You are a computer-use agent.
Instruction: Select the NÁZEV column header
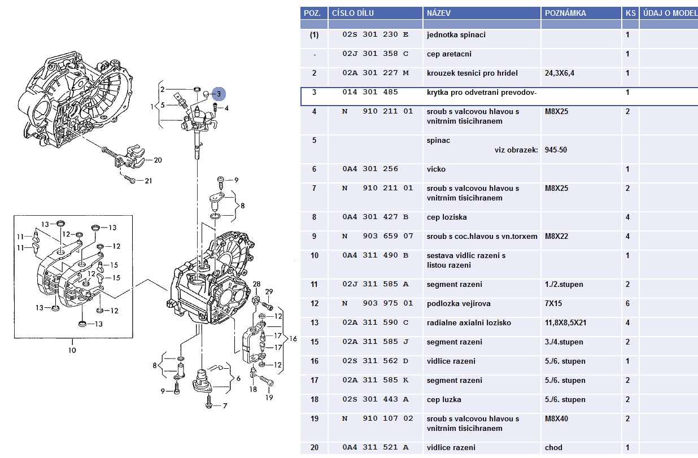pyautogui.click(x=439, y=13)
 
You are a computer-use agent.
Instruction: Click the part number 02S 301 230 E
pyautogui.click(x=375, y=34)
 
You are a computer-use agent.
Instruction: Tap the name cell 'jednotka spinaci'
pyautogui.click(x=456, y=34)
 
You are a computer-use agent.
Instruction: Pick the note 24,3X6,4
pyautogui.click(x=562, y=73)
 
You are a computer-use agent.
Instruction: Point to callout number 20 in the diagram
pyautogui.click(x=158, y=160)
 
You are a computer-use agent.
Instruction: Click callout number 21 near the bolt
pyautogui.click(x=149, y=181)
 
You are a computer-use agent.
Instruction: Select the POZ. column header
pyautogui.click(x=313, y=13)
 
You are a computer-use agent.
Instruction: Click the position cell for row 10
pyautogui.click(x=315, y=255)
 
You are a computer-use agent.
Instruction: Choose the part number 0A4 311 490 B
pyautogui.click(x=375, y=255)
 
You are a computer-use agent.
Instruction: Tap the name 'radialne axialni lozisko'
pyautogui.click(x=469, y=322)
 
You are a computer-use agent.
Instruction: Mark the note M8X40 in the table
pyautogui.click(x=556, y=418)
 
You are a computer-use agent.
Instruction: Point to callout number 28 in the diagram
pyautogui.click(x=256, y=283)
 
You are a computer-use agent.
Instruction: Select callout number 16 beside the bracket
pyautogui.click(x=293, y=338)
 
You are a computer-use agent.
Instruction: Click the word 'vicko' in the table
pyautogui.click(x=436, y=169)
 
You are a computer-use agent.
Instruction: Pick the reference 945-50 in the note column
pyautogui.click(x=556, y=150)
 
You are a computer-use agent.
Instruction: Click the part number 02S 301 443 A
pyautogui.click(x=375, y=399)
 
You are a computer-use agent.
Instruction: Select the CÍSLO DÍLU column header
pyautogui.click(x=352, y=13)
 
